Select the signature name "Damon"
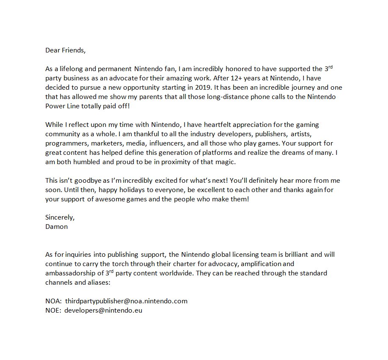pyautogui.click(x=56, y=226)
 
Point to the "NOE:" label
pyautogui.click(x=53, y=310)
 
